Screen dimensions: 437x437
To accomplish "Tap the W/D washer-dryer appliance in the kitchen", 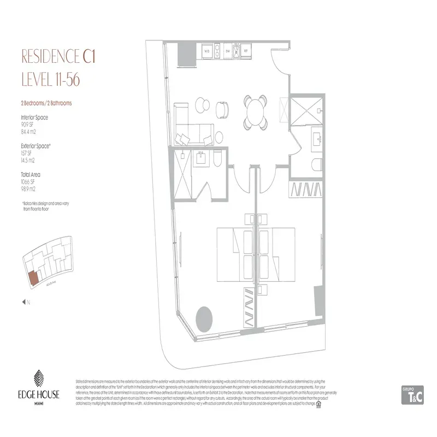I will tap(208, 52).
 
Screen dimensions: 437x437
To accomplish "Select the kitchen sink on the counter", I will tap(236, 52).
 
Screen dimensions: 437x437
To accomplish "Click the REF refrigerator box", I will tap(246, 52).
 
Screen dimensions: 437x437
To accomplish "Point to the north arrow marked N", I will tap(23, 301).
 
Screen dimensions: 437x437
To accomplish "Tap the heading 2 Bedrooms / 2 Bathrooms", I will tap(46, 103).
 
